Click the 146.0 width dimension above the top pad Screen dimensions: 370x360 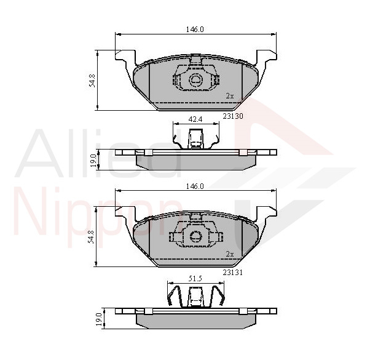(x=195, y=30)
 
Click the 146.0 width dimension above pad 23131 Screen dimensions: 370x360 (x=195, y=186)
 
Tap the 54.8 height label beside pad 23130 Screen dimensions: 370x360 (x=92, y=81)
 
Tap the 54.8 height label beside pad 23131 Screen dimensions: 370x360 (x=92, y=237)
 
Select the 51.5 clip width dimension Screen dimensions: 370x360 (x=195, y=279)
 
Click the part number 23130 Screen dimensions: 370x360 (x=233, y=116)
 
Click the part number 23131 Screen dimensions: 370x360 (x=233, y=273)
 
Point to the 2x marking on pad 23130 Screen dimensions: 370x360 (x=230, y=96)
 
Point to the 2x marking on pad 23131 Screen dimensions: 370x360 (x=230, y=254)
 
